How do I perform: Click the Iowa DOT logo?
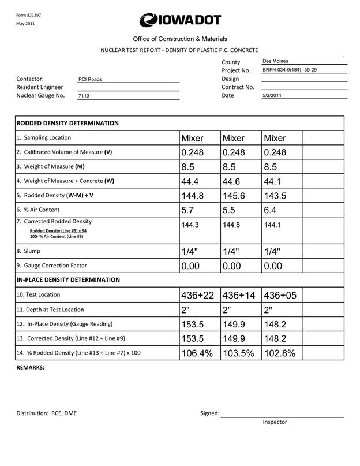(179, 20)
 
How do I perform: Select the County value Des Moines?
(275, 61)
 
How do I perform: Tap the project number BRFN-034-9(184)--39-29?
(289, 70)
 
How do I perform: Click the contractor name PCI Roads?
(90, 80)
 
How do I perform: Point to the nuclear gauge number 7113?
(84, 96)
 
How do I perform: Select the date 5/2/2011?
(271, 95)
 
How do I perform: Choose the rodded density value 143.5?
(276, 196)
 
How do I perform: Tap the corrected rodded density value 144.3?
(190, 225)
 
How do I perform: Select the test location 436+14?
(238, 295)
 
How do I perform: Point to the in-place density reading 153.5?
(193, 324)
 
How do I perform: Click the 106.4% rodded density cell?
(197, 353)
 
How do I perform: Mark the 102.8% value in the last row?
(279, 353)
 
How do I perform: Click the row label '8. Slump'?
(33, 251)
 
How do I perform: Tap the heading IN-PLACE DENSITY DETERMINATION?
(68, 279)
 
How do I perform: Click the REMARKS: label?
(30, 367)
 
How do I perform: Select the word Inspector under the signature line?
(275, 422)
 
